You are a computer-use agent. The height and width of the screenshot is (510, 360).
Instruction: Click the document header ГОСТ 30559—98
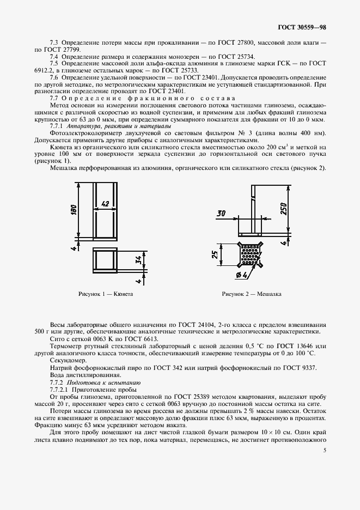tap(303, 26)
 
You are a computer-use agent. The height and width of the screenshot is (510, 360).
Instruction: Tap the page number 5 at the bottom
tap(325, 451)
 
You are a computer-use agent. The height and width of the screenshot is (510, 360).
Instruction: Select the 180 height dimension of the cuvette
tap(74, 210)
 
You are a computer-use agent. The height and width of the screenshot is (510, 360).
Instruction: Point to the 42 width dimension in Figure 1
tap(106, 204)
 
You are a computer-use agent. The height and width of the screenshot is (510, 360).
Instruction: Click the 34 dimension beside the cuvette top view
tap(138, 262)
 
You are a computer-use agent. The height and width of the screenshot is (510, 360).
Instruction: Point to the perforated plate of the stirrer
tap(251, 254)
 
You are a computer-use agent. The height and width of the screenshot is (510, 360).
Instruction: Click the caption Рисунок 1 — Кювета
tap(106, 294)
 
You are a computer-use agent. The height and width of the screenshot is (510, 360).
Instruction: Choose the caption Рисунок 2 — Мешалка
tap(252, 294)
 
